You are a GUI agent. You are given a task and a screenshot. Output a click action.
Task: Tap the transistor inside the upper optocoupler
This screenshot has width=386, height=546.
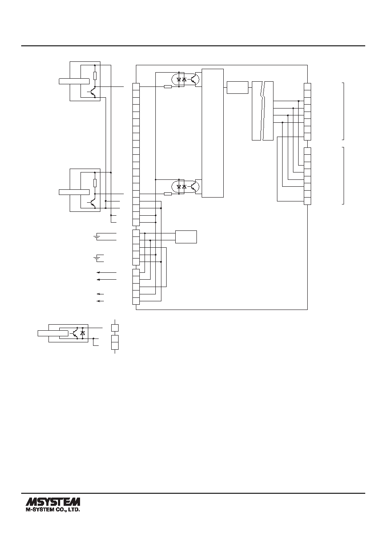(194, 80)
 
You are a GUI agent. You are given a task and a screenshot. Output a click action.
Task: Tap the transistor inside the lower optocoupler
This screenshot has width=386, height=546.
(194, 187)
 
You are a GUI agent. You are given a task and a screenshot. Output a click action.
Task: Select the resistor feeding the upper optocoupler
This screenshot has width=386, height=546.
(168, 86)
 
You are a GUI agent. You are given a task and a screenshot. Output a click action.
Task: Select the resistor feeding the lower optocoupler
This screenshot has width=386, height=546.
(168, 194)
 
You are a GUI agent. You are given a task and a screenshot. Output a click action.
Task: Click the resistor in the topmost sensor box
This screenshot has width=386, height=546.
(95, 76)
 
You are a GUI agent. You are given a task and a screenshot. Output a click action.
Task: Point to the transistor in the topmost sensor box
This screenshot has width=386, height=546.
(92, 93)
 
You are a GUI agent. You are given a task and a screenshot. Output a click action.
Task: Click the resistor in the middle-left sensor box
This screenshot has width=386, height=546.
(95, 183)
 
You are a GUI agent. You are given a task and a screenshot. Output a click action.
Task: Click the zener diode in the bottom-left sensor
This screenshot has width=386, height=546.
(83, 333)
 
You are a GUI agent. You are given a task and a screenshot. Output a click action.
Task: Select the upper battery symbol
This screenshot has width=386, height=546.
(96, 236)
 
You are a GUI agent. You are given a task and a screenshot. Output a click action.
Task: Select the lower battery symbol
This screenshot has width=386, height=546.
(96, 259)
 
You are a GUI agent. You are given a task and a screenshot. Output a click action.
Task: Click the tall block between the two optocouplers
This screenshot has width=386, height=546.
(213, 133)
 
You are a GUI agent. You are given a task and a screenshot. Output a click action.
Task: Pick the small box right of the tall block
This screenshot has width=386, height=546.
(238, 87)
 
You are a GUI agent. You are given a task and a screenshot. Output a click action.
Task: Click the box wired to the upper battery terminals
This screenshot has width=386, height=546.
(186, 236)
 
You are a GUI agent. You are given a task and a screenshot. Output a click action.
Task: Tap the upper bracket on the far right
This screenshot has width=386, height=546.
(343, 112)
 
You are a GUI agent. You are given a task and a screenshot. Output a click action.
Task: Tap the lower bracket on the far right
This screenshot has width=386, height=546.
(343, 176)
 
